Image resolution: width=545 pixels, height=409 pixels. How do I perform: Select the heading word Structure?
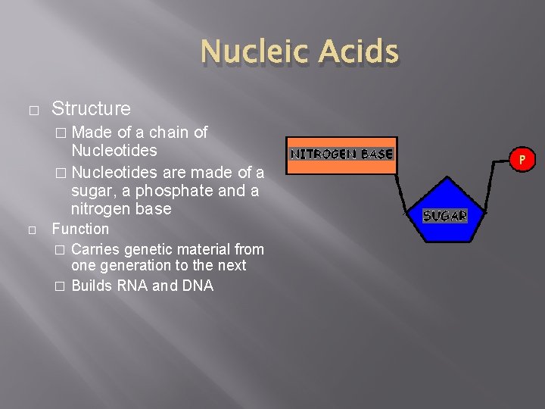click(91, 109)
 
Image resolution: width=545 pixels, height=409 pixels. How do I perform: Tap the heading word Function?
click(80, 229)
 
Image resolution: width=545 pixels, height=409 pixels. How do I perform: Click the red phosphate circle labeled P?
click(522, 159)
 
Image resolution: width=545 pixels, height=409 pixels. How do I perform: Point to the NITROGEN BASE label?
click(341, 154)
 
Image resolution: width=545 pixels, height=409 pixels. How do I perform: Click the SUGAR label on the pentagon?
click(444, 216)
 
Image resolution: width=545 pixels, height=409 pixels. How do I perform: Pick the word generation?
click(132, 265)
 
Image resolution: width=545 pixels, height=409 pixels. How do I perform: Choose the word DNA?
click(197, 286)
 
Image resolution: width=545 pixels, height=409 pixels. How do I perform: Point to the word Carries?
click(94, 249)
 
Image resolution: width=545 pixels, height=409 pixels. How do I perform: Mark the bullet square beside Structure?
click(33, 111)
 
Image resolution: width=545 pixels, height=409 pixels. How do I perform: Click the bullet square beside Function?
click(33, 229)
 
